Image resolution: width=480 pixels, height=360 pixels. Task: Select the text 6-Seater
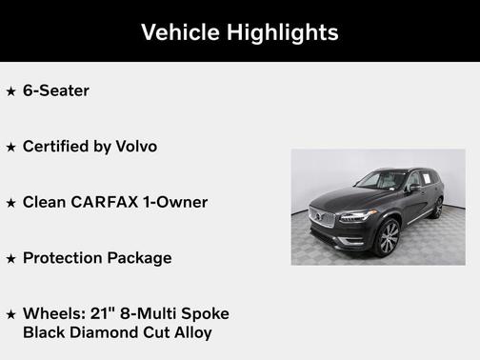pos(56,91)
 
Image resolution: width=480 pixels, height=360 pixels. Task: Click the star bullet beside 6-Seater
pos(10,92)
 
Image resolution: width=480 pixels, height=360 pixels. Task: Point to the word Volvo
pos(136,147)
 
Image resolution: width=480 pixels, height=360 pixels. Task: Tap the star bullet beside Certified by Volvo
pos(10,148)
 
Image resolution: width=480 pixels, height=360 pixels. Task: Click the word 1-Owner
pos(175,202)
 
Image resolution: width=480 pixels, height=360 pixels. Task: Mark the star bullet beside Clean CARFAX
pos(10,203)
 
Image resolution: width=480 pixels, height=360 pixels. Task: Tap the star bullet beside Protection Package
pos(10,258)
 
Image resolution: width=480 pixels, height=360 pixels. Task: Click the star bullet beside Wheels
pos(10,314)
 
